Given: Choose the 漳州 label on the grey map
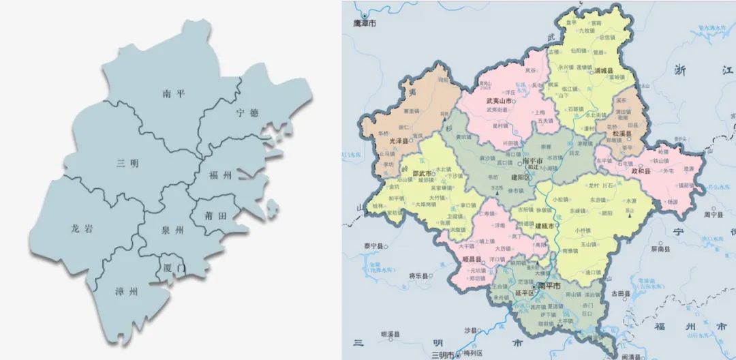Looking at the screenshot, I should (x=126, y=291).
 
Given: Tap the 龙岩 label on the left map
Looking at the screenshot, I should (x=81, y=229).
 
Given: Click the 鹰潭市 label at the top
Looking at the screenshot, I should (x=364, y=22).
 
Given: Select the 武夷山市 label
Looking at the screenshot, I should (x=499, y=100).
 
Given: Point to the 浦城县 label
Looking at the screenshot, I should (x=604, y=70).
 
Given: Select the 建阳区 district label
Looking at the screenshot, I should (x=522, y=177).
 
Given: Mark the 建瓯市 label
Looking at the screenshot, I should (x=545, y=226).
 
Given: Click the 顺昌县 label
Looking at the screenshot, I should (x=473, y=259).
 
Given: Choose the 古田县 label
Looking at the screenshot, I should (x=619, y=293).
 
